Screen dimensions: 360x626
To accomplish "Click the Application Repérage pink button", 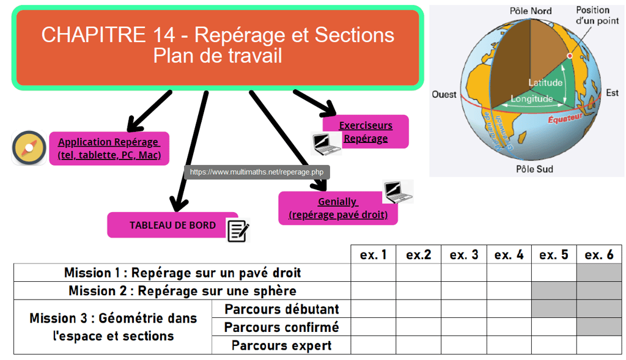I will click(109, 149).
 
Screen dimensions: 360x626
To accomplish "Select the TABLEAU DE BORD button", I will click(172, 225).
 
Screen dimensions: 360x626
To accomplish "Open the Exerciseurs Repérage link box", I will click(365, 131).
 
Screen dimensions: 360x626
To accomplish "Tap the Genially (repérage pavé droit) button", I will click(337, 208).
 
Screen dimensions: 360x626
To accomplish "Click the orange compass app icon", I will click(29, 148).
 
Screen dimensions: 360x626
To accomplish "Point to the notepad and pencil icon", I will click(238, 230).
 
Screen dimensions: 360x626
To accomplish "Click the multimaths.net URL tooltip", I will click(257, 172).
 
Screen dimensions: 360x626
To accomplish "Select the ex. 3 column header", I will click(464, 255).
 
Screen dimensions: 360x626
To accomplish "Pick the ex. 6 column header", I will click(599, 255).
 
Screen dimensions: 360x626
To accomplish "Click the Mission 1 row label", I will click(182, 273).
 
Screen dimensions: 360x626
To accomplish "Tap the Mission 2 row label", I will click(182, 290).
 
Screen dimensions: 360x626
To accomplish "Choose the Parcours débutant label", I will click(281, 309).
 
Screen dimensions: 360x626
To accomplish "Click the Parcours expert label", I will click(281, 345).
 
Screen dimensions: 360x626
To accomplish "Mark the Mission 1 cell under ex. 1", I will click(373, 273).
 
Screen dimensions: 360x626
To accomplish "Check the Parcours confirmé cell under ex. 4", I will click(509, 327).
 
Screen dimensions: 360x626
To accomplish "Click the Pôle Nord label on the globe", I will click(530, 10).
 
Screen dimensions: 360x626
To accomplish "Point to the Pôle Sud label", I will click(534, 169).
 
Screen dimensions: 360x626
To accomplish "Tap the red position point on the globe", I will click(570, 56).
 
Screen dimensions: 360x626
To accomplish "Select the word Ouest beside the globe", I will click(444, 94).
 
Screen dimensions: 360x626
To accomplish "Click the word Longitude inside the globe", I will click(531, 98).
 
